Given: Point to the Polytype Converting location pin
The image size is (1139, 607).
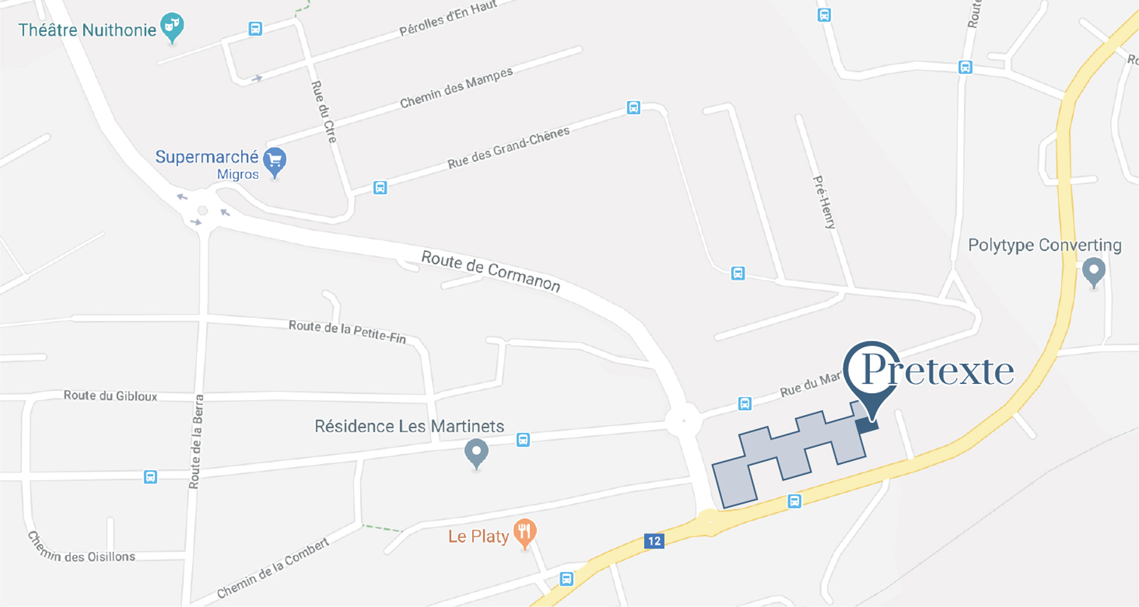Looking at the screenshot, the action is tap(1094, 271).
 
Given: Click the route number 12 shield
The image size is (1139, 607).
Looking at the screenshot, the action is tap(654, 541).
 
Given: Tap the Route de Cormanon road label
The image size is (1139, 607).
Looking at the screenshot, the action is tap(491, 271).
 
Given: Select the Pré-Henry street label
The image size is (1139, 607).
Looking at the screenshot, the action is tap(825, 202).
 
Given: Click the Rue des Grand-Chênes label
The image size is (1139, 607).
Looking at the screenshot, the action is tap(508, 148).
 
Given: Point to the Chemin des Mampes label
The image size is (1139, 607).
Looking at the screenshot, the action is tap(456, 88).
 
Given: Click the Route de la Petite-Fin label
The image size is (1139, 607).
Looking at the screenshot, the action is tap(348, 331).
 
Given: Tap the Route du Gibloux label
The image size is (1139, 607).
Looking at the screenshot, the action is tap(110, 396).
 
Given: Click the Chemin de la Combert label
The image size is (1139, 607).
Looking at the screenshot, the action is tap(273, 569).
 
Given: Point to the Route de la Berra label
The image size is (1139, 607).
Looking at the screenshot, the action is tap(196, 441).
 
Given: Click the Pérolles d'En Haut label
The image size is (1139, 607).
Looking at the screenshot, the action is tap(447, 18).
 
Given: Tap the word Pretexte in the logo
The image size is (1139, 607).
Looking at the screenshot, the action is tap(937, 370).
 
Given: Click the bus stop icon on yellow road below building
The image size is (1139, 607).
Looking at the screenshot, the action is tap(794, 502).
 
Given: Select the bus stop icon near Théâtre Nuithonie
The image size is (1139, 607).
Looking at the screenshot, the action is tap(255, 28).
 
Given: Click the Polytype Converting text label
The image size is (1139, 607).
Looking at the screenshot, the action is tap(1045, 245).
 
